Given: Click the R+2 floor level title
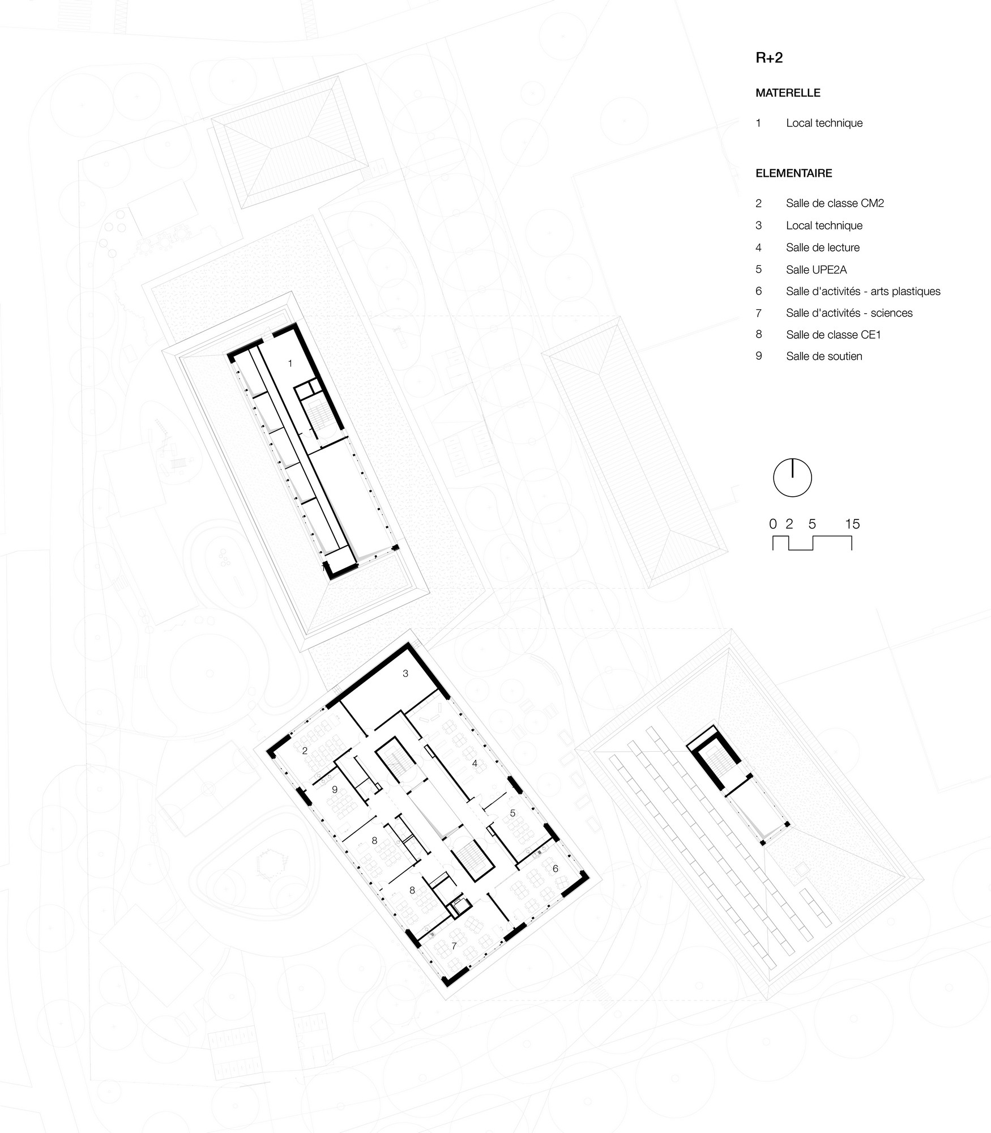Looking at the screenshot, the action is [769, 58].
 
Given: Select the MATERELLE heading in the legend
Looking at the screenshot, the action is [788, 93].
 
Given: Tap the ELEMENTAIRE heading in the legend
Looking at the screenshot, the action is [794, 173].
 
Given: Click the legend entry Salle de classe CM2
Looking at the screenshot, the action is [835, 203].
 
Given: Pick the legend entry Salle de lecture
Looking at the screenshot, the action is [823, 248].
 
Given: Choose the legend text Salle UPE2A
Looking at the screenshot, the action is [817, 270].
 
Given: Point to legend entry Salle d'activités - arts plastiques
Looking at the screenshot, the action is [863, 291].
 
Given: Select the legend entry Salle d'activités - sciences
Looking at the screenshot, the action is [849, 313].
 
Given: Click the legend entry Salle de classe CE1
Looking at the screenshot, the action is [834, 335].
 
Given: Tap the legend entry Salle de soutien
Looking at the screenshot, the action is [824, 356].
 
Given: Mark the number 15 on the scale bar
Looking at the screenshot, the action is [852, 524].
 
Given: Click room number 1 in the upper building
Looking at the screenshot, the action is [291, 364].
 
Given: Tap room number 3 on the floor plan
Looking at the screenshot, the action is [405, 674].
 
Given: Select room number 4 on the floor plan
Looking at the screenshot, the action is [475, 764].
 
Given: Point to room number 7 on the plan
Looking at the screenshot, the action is [454, 946].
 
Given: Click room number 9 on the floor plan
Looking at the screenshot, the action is [335, 789].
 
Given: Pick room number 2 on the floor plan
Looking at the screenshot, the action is [305, 751].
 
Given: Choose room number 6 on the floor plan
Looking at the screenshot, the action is [556, 868].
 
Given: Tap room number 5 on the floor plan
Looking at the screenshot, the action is [512, 813].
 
